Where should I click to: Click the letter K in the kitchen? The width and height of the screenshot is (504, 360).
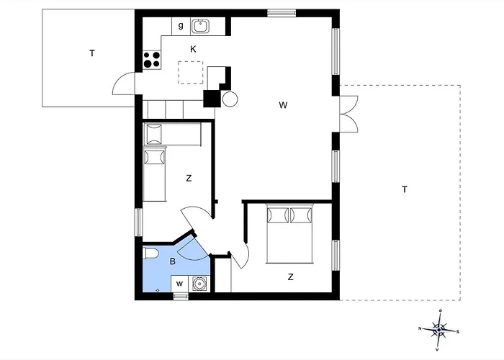193,49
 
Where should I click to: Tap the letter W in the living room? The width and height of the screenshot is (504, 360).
284,105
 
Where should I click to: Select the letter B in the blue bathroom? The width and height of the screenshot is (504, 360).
173,262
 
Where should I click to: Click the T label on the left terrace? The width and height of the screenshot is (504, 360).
91,53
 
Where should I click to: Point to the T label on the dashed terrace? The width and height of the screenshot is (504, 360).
405,189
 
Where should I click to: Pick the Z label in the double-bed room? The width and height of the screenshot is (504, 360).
291,276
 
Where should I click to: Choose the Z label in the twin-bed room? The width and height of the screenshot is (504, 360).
189,178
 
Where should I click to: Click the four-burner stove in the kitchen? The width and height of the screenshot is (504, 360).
151,60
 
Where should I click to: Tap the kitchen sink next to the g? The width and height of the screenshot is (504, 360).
199,27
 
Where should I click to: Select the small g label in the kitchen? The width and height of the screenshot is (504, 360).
180,26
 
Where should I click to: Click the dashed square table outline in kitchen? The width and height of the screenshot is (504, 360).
192,72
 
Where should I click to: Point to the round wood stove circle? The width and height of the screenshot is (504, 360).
230,99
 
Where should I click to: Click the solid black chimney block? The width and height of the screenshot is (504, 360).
212,99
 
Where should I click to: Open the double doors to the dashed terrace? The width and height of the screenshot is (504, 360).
348,113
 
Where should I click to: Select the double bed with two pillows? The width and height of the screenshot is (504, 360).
290,233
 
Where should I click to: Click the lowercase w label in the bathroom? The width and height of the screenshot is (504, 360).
179,284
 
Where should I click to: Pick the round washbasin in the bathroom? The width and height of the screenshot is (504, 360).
199,284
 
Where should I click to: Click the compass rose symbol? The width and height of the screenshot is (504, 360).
438,329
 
